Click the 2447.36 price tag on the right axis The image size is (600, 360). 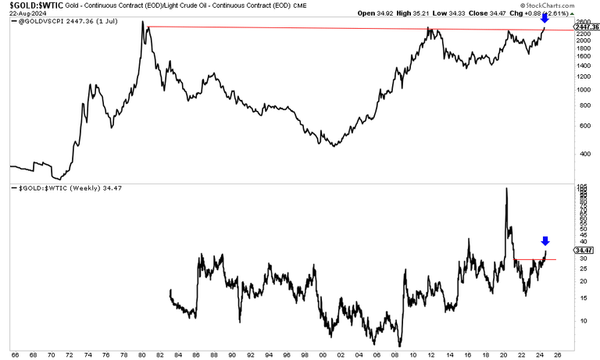point(587,27)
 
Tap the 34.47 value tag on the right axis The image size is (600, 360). point(584,250)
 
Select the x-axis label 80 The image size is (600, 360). point(145,355)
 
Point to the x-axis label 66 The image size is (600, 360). point(14,355)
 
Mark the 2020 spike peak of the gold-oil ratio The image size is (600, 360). point(505,188)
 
